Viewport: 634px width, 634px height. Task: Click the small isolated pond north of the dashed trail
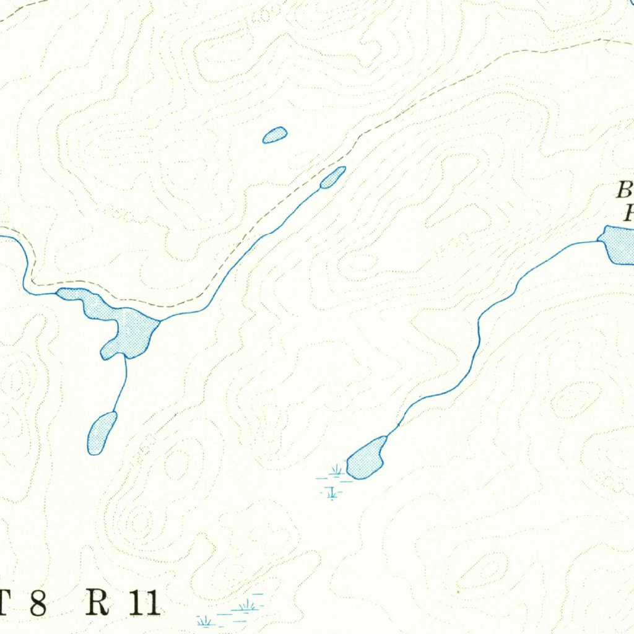pyautogui.click(x=275, y=134)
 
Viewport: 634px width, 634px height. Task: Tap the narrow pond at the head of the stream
pyautogui.click(x=333, y=177)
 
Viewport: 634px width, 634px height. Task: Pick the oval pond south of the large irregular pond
pyautogui.click(x=102, y=433)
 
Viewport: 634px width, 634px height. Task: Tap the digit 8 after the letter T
pyautogui.click(x=38, y=604)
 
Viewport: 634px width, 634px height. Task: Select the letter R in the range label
pyautogui.click(x=97, y=603)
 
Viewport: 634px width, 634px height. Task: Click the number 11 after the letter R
pyautogui.click(x=144, y=603)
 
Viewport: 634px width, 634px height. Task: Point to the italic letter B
pyautogui.click(x=624, y=190)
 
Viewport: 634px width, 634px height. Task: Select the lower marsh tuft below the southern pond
pyautogui.click(x=332, y=493)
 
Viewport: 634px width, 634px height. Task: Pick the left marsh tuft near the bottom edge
pyautogui.click(x=204, y=620)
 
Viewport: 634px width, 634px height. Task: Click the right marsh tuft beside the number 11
pyautogui.click(x=249, y=604)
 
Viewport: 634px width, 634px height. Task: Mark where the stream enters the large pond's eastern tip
pyautogui.click(x=160, y=320)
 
